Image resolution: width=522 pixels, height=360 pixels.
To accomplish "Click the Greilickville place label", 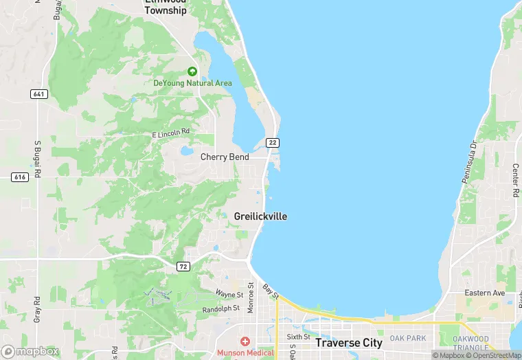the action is (x=260, y=216).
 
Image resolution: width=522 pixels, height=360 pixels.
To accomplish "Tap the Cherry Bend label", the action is (x=225, y=157).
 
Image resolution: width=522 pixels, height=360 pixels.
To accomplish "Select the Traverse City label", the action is (x=349, y=342).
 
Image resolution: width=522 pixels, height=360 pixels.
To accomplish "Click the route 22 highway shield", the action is (x=273, y=142).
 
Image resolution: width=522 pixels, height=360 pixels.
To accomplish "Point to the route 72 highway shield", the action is (x=183, y=267).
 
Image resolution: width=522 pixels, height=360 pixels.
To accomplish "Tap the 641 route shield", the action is (x=39, y=93).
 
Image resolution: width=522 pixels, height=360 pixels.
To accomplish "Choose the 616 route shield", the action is (x=19, y=177).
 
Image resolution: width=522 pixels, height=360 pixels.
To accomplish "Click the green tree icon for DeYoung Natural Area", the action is (x=192, y=71).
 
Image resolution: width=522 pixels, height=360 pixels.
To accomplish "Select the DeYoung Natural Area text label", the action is (x=192, y=83).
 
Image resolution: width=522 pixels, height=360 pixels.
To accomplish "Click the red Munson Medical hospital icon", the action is (x=245, y=341).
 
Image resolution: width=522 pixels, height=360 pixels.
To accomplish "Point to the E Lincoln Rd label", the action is (x=170, y=131).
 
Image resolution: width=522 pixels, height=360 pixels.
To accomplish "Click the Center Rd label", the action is (x=515, y=181).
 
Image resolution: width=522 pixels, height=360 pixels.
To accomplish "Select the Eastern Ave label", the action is (x=485, y=293).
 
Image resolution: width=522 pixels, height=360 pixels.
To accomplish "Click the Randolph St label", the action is (x=222, y=308).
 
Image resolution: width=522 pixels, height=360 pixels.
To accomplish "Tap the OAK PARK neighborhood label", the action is (x=408, y=338).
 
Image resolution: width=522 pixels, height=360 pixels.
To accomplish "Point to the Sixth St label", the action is (x=299, y=337).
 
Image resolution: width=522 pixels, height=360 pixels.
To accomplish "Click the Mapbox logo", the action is (x=30, y=351).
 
